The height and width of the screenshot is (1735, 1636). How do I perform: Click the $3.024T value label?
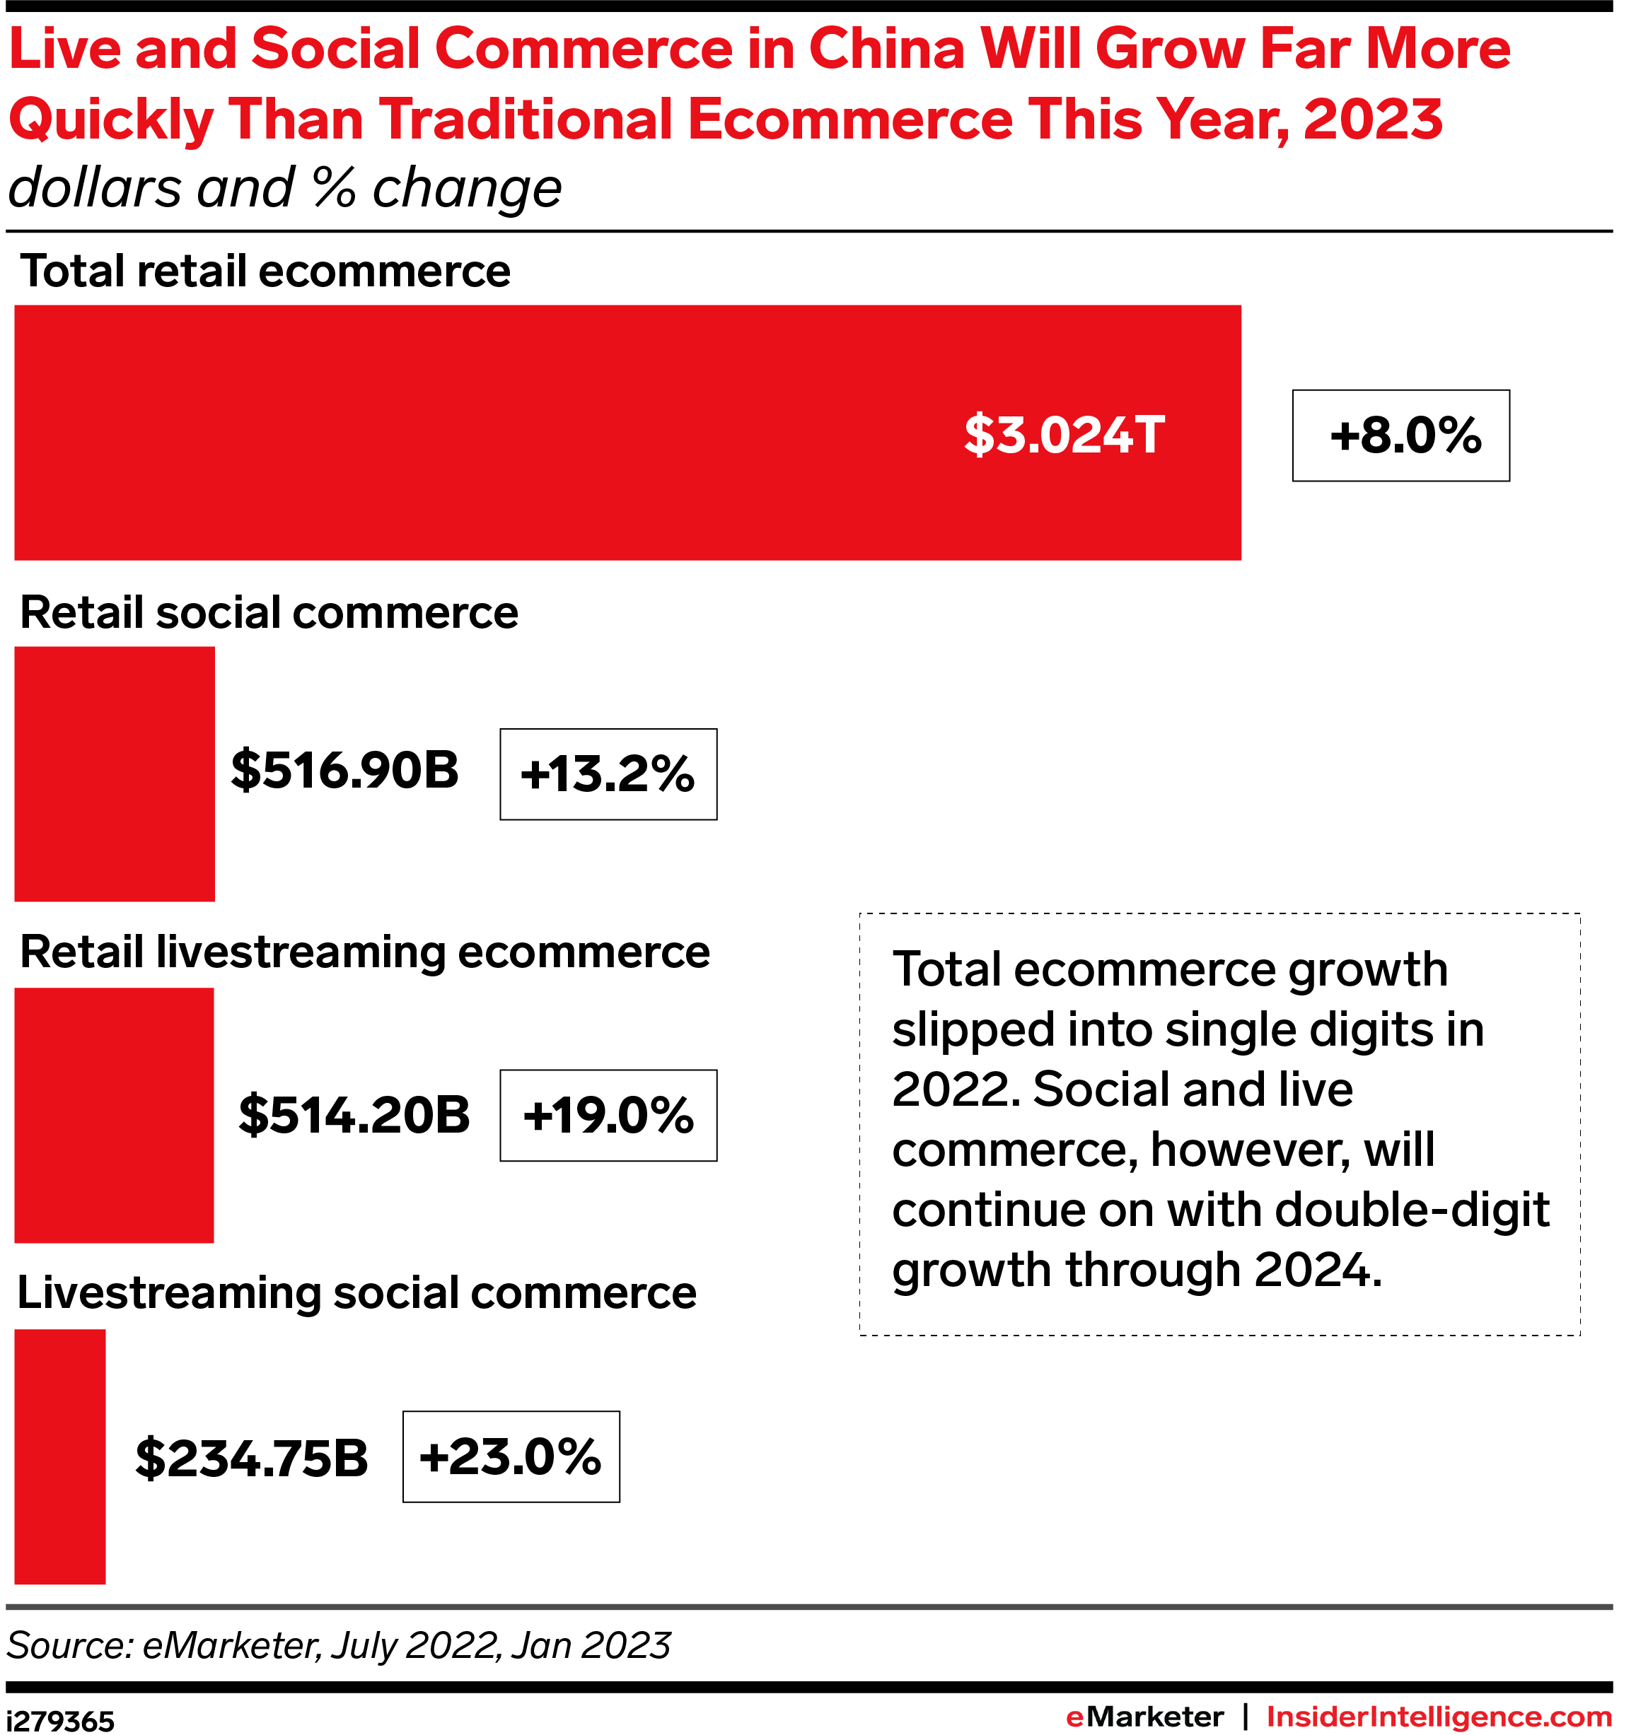tap(1064, 435)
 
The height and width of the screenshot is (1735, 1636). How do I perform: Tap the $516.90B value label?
tap(345, 771)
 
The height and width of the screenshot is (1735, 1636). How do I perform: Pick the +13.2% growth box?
tap(608, 774)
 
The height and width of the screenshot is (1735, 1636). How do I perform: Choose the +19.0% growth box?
tap(608, 1116)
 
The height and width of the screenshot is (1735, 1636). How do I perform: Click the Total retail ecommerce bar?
tap(524, 432)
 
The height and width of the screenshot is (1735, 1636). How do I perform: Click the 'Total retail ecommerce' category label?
tap(265, 271)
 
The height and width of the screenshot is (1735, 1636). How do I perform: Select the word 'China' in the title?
tap(886, 49)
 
